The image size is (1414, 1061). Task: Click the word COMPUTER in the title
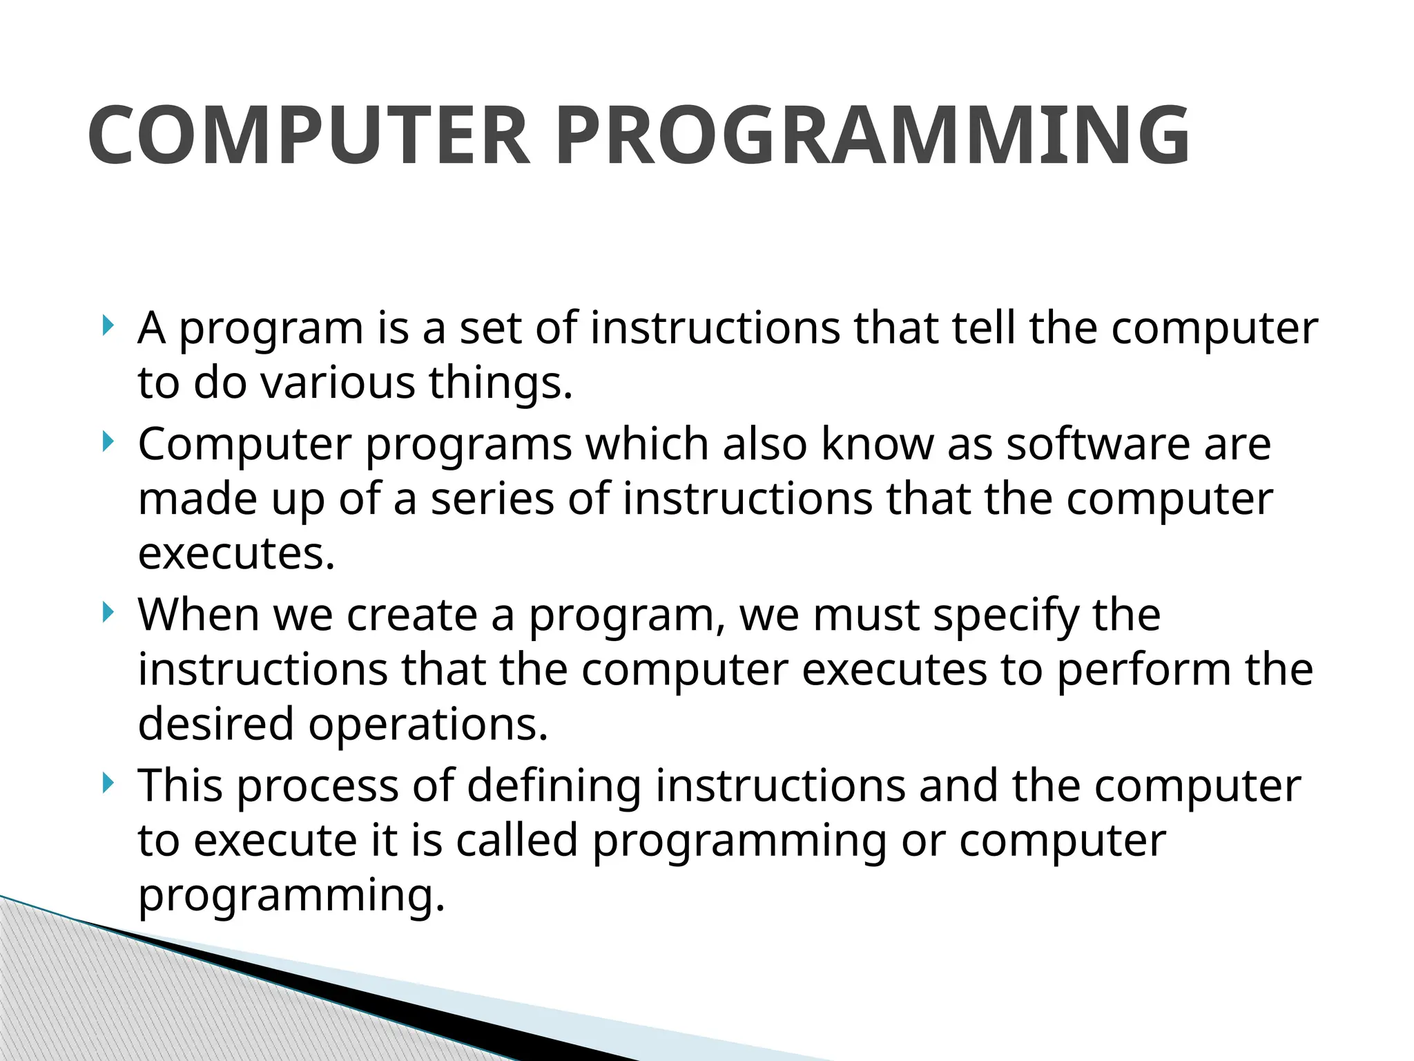tap(309, 135)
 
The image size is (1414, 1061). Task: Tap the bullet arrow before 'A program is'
tap(106, 325)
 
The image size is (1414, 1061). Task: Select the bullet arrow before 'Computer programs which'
tap(106, 441)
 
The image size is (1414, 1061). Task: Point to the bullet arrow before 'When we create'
tap(106, 612)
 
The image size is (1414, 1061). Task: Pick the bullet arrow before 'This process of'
tap(106, 783)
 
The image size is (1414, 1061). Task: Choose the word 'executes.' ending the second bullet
tap(236, 553)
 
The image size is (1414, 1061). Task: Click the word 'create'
tap(411, 614)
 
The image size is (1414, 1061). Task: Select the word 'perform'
tap(1143, 670)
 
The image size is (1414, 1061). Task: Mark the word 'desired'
tap(215, 724)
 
